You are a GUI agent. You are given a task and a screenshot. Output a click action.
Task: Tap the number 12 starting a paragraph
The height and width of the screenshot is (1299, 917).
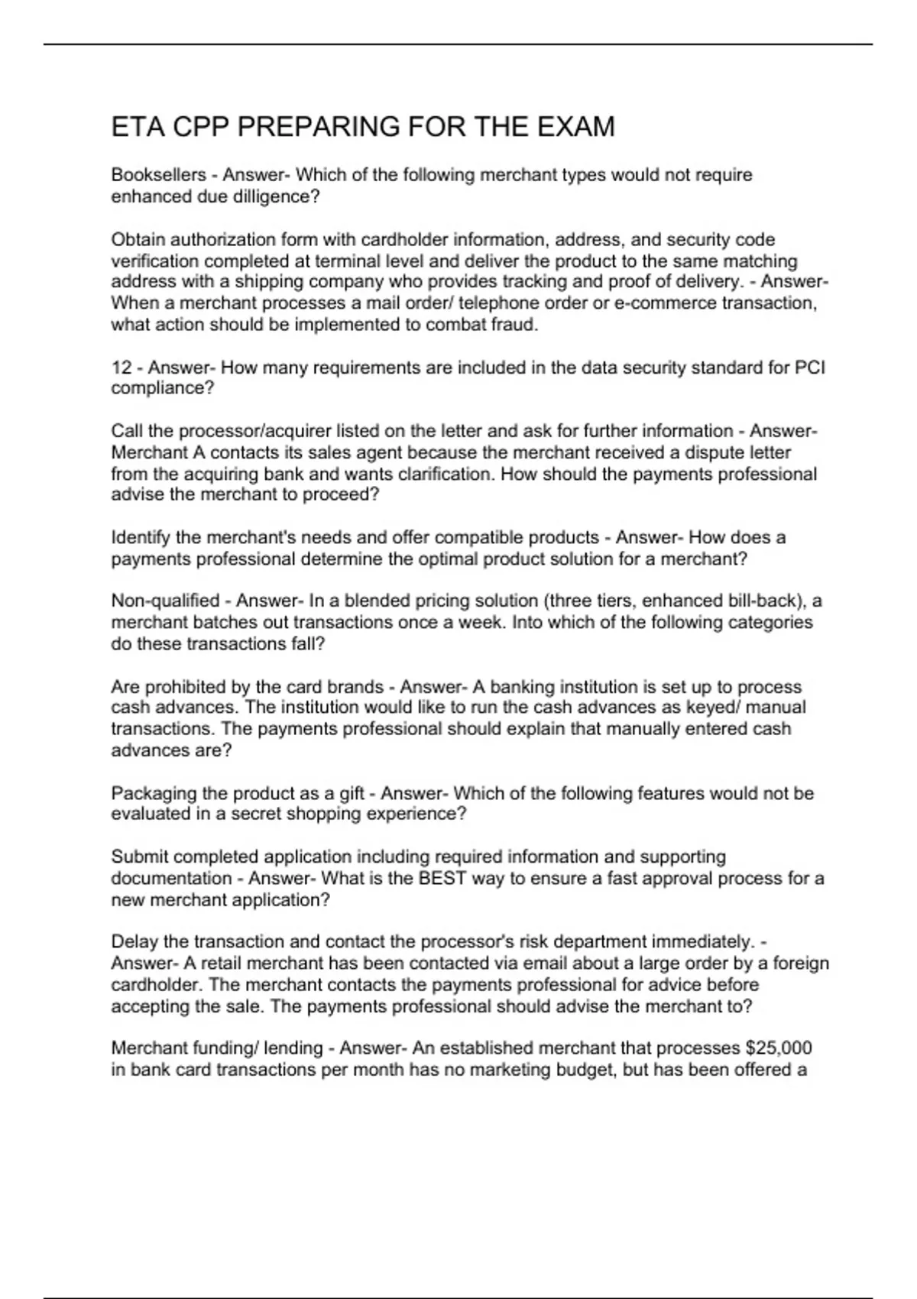122,368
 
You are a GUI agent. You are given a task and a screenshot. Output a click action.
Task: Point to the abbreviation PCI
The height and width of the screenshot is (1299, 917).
810,368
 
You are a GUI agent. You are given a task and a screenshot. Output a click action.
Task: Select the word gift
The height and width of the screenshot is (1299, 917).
351,793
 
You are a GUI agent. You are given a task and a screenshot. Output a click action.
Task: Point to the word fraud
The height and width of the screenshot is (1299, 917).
517,325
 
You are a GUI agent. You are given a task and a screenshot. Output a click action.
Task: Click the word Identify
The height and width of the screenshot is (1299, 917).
141,537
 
